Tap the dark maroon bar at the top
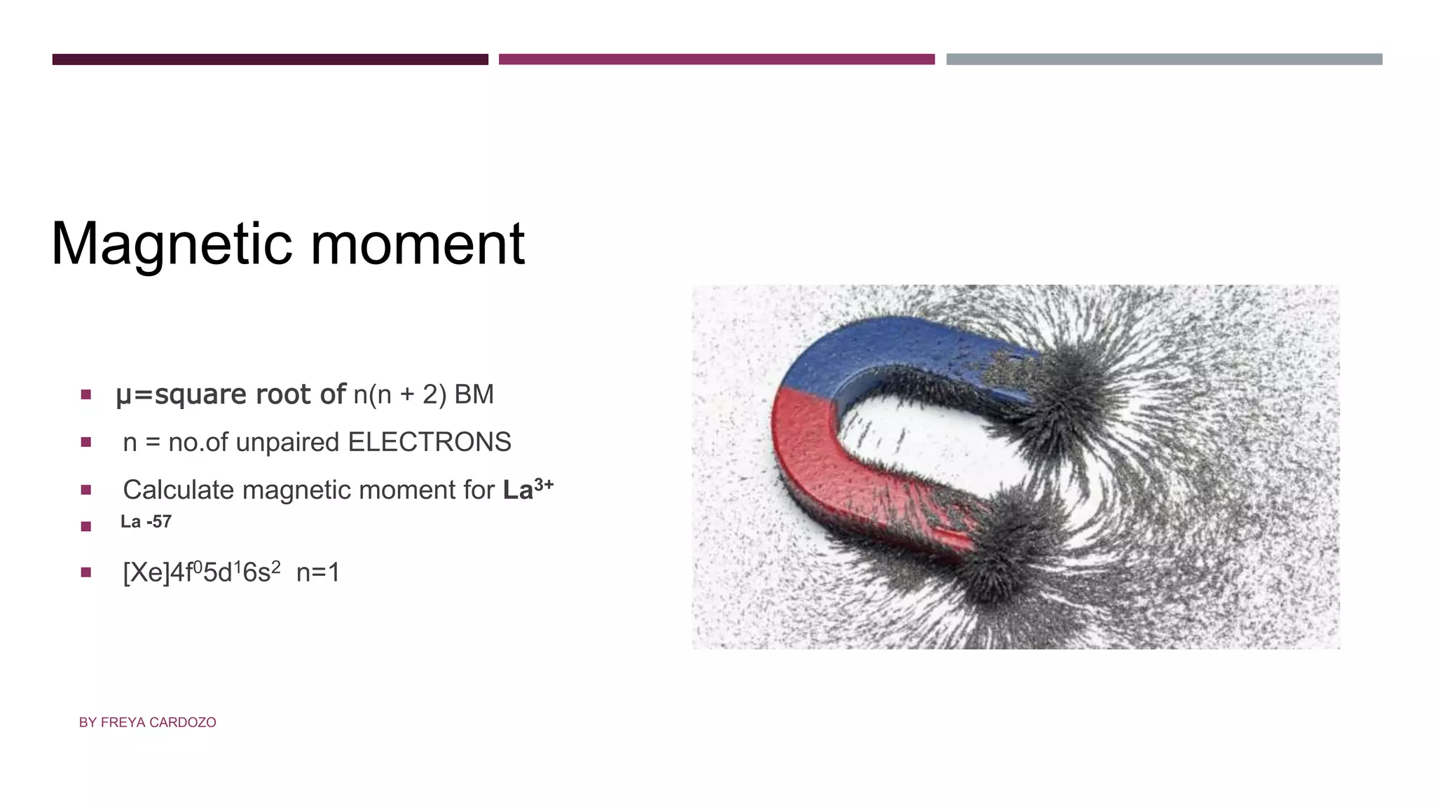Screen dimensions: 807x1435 270,60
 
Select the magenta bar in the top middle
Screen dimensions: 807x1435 716,60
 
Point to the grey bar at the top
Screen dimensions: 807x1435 1164,60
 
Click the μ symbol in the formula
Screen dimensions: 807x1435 123,396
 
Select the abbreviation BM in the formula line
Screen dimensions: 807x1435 474,394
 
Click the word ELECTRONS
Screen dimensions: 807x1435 430,442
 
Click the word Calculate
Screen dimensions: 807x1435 178,490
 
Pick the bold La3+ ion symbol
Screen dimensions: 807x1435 527,488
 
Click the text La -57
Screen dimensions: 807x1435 146,522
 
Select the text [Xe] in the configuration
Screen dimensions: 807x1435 146,573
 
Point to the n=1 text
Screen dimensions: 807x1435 318,573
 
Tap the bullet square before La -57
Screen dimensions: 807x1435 86,526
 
